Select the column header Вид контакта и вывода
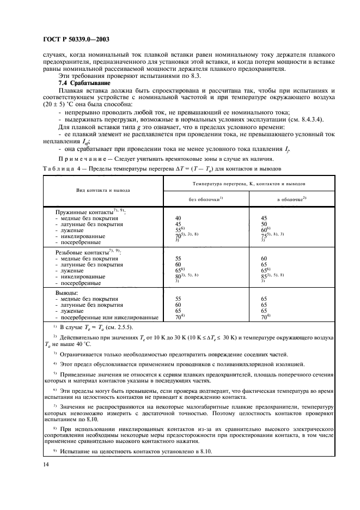(x=102, y=191)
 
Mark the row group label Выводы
(x=68, y=292)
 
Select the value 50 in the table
(x=265, y=224)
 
